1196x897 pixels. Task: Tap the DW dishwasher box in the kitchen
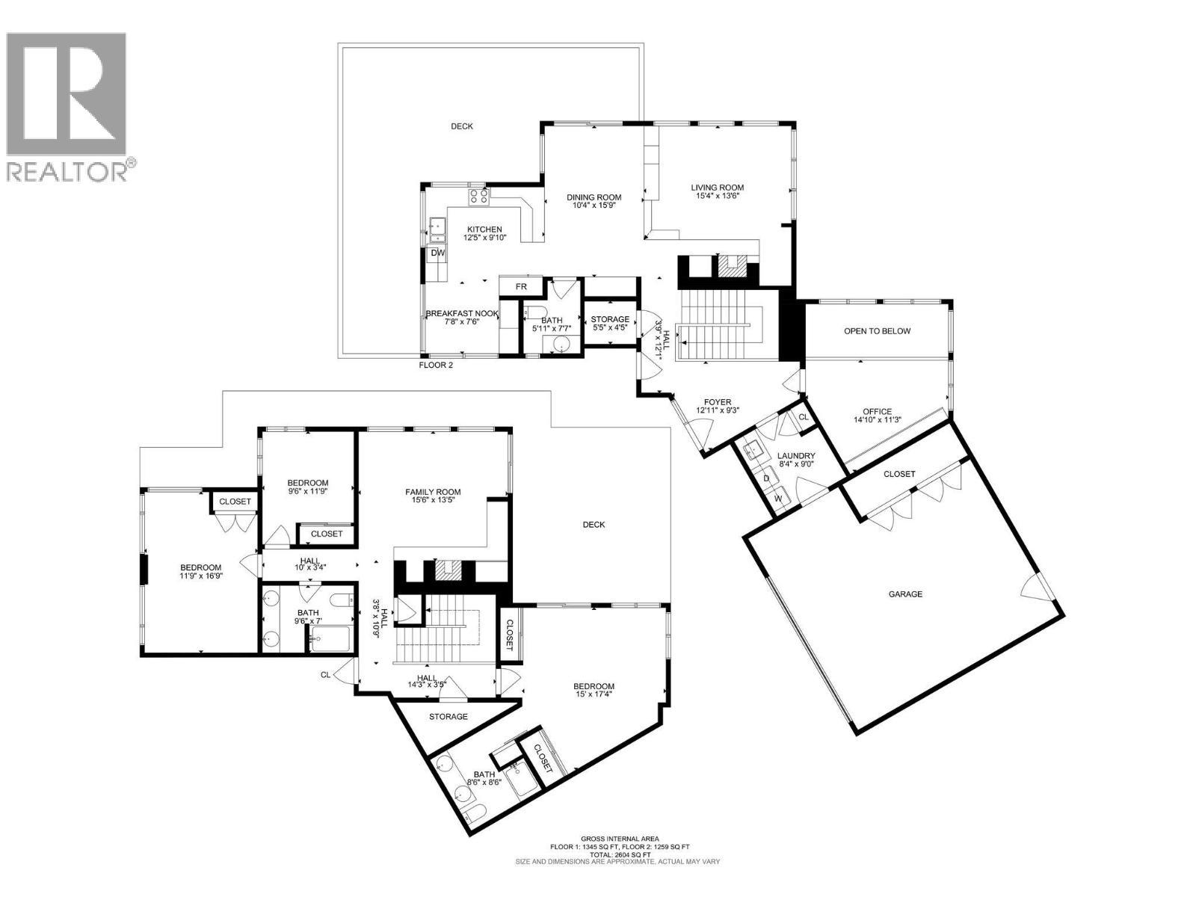tap(438, 253)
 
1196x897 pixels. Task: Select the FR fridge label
tap(521, 287)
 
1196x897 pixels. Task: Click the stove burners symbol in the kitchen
tap(478, 197)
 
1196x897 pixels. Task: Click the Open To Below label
tap(877, 331)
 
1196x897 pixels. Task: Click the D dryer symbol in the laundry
tap(766, 478)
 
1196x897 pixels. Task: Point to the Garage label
tap(904, 594)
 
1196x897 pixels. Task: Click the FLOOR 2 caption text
tap(435, 366)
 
